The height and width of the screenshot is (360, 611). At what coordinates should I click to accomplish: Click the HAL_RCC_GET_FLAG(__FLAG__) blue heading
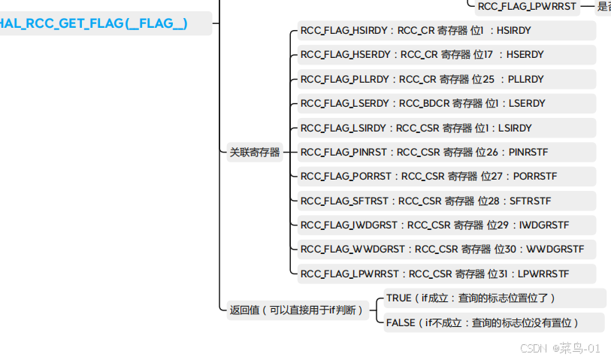(94, 24)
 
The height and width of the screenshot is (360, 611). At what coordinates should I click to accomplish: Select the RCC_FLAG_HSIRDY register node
(416, 31)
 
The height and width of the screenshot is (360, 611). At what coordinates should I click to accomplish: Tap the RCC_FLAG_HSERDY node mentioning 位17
(422, 55)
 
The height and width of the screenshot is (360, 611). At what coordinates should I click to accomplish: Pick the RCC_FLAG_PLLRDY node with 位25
(422, 79)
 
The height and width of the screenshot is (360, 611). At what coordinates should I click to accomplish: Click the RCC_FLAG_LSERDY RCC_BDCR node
(422, 103)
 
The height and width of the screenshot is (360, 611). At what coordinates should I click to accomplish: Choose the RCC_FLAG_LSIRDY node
(416, 128)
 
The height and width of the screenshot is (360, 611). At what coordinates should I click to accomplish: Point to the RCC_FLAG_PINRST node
(424, 152)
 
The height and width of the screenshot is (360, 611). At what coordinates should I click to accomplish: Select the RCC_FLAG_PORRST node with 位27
(428, 176)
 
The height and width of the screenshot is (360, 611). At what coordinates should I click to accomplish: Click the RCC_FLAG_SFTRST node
(425, 201)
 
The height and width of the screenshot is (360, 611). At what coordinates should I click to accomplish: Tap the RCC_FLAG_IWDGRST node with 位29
(434, 225)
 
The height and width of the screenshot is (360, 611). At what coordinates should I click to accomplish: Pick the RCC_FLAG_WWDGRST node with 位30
(442, 249)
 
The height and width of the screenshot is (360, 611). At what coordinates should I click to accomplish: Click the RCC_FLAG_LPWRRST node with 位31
(434, 274)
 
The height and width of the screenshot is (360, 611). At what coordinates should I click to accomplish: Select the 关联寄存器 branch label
(255, 152)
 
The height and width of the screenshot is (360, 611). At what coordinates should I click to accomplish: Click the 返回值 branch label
(296, 310)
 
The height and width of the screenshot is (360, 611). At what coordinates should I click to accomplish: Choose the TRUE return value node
(470, 298)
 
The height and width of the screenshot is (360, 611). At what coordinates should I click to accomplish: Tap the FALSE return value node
(482, 322)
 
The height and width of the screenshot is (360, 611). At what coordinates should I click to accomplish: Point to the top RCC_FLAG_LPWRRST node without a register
(526, 7)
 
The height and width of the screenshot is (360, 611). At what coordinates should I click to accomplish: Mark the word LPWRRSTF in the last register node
(543, 274)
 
